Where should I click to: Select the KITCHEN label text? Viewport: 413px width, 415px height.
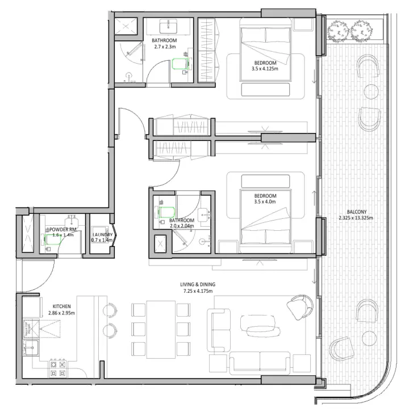[61, 305]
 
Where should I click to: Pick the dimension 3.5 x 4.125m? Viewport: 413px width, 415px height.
[265, 69]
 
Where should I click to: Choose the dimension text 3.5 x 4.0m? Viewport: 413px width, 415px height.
[265, 201]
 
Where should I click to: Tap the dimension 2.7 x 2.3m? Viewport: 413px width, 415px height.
[164, 47]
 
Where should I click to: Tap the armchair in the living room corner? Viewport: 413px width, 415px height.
[299, 308]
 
